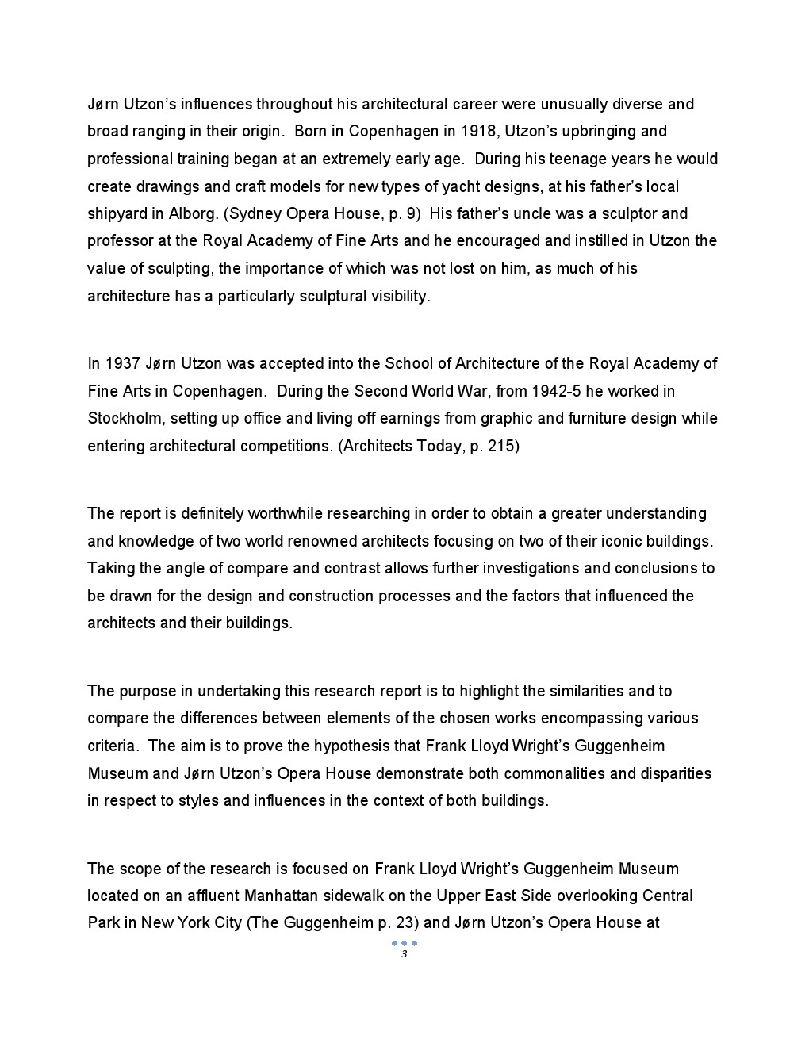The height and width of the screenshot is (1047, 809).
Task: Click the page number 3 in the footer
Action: point(404,954)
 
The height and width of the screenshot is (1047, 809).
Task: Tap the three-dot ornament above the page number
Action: point(404,943)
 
